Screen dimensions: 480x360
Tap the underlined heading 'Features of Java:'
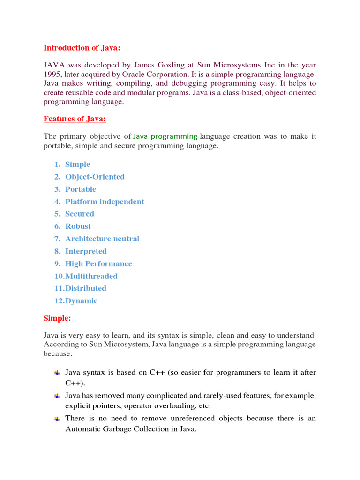(x=75, y=119)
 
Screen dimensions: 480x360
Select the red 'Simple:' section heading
(x=57, y=318)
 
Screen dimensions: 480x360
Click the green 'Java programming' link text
(x=165, y=136)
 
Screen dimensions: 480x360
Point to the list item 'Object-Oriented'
(x=95, y=177)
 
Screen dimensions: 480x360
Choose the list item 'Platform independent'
(x=105, y=202)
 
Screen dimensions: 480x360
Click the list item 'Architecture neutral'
(x=102, y=239)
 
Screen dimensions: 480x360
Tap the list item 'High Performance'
(x=98, y=263)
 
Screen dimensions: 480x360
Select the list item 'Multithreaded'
(x=91, y=276)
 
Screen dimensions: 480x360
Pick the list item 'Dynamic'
(x=82, y=301)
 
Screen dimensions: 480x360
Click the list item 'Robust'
(x=78, y=226)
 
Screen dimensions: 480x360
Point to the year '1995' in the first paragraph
(x=52, y=75)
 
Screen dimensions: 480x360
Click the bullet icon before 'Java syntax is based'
(x=57, y=373)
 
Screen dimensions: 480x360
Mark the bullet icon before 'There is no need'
(x=57, y=419)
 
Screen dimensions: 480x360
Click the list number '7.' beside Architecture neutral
(x=57, y=239)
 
